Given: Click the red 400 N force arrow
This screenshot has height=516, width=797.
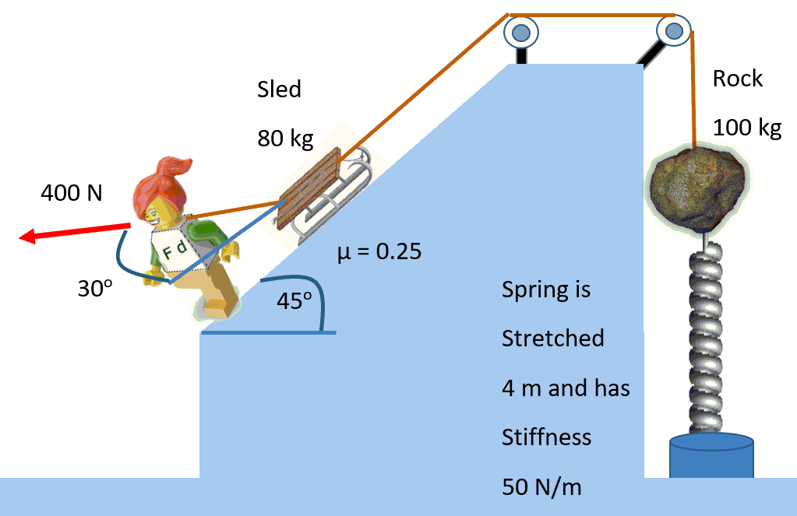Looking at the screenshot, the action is coord(74,231).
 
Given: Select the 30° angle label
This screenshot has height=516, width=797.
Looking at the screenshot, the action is coord(95,289).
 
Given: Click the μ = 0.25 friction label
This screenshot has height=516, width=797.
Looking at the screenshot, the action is coord(379,251).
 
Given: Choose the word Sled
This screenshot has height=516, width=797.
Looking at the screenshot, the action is coord(279,90).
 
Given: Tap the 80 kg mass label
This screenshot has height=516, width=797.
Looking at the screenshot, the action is coord(285,139).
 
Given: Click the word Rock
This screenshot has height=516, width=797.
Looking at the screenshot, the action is coord(737,79).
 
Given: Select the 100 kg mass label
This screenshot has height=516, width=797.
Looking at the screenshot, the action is coord(746,128).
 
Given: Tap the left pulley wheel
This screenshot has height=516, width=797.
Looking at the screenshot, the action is coord(520,33).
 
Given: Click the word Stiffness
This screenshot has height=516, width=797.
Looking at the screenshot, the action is coord(546,437).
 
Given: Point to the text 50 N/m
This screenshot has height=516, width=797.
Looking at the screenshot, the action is coord(541,487).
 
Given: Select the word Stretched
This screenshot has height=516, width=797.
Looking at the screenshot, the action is coord(552,339).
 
